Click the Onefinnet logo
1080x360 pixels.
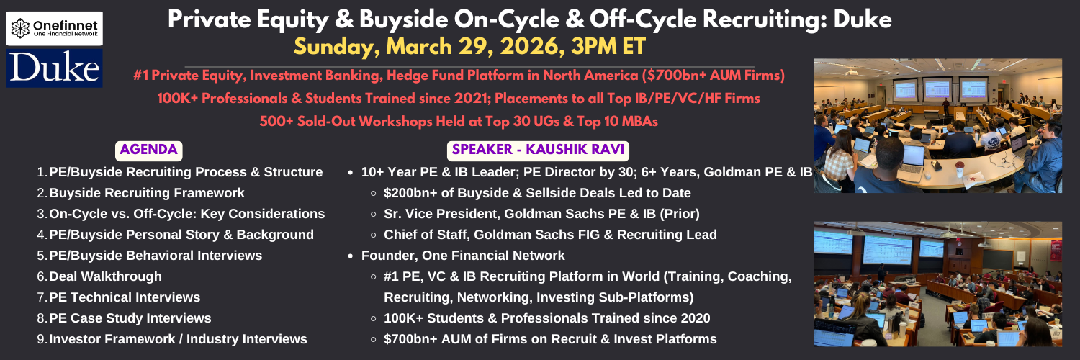[x=55, y=28]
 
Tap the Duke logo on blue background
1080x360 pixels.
[x=55, y=68]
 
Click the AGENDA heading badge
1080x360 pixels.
[x=148, y=150]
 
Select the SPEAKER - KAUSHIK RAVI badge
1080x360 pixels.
[x=538, y=150]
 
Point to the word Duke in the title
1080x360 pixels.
[x=863, y=19]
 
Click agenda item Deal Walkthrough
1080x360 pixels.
[x=106, y=276]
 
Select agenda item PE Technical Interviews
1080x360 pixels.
[x=125, y=297]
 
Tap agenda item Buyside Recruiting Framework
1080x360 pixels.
[x=147, y=193]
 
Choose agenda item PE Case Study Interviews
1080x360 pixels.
[x=130, y=318]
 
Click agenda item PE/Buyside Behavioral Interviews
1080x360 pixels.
[x=156, y=256]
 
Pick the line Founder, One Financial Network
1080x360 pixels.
[x=463, y=256]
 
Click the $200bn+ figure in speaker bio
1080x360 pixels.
[x=410, y=193]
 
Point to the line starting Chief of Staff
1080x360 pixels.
[x=550, y=235]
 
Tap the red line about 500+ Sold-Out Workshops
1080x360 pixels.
[x=459, y=121]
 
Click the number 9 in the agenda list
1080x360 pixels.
[x=41, y=339]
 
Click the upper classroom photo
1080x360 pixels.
[x=937, y=126]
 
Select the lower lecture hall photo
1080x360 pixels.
[x=937, y=284]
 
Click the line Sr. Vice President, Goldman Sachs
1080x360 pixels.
[x=541, y=214]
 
